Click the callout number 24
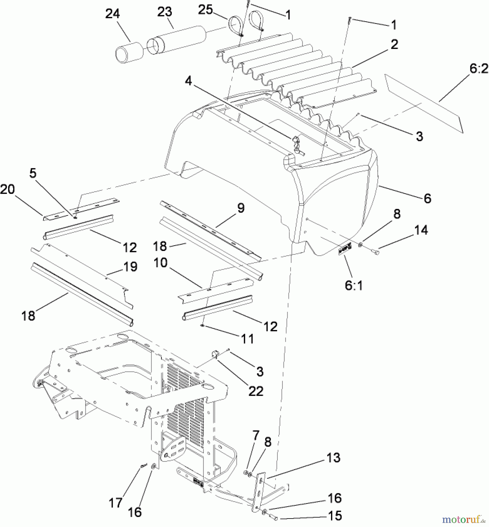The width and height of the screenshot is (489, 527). click(x=113, y=14)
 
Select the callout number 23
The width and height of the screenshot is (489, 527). click(x=165, y=12)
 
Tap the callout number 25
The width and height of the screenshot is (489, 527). click(x=205, y=10)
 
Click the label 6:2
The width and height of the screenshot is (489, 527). click(x=479, y=69)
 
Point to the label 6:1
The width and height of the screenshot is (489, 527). click(x=354, y=285)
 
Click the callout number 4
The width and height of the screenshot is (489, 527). click(x=188, y=81)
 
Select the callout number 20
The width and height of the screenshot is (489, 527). click(x=7, y=189)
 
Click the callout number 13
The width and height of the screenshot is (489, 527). click(x=333, y=458)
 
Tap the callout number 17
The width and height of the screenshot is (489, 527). click(x=115, y=503)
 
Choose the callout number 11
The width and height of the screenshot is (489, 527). click(x=247, y=339)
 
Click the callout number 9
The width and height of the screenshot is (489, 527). click(x=241, y=208)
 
